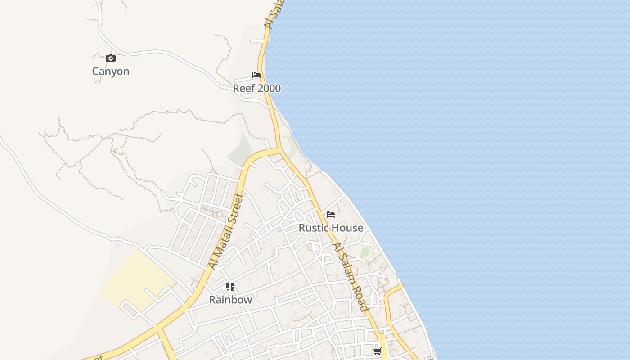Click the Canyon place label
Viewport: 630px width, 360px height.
pyautogui.click(x=111, y=72)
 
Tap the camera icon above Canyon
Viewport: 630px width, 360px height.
pyautogui.click(x=111, y=58)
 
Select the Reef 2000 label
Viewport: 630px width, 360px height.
pyautogui.click(x=256, y=88)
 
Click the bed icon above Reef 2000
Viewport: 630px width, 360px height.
pyautogui.click(x=256, y=75)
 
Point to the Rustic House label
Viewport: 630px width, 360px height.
pyautogui.click(x=331, y=228)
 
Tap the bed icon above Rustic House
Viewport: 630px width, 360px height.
pyautogui.click(x=331, y=215)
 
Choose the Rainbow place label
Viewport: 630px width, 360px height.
pyautogui.click(x=230, y=300)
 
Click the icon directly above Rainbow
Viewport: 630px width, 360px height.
pyautogui.click(x=230, y=287)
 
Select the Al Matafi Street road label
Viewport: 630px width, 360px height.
pyautogui.click(x=226, y=231)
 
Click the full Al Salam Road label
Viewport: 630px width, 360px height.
pyautogui.click(x=351, y=277)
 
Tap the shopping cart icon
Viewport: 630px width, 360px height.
pyautogui.click(x=377, y=351)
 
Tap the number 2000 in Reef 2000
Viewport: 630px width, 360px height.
pyautogui.click(x=268, y=88)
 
